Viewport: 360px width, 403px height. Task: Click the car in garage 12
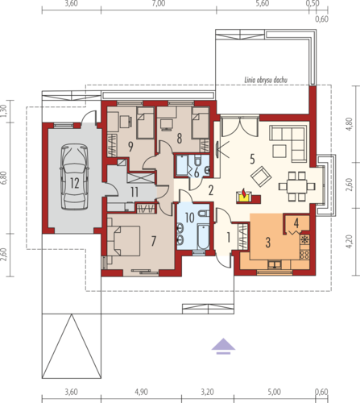(x=74, y=177)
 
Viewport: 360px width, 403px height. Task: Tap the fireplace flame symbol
(x=243, y=193)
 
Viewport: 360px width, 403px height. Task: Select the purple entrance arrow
(x=223, y=347)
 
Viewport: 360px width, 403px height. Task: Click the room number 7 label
(x=153, y=241)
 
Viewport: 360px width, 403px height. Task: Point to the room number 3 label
(x=267, y=242)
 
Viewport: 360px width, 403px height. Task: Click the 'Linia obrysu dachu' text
(x=266, y=80)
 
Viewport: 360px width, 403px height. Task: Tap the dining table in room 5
(x=296, y=186)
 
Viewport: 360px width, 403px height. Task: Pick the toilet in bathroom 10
(x=204, y=214)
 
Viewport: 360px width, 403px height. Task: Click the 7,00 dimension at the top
(x=159, y=3)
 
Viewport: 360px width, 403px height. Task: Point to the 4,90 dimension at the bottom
(x=141, y=392)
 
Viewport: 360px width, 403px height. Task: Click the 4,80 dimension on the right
(x=350, y=124)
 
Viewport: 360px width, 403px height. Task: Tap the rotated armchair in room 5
(x=261, y=177)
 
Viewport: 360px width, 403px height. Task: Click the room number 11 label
(x=134, y=192)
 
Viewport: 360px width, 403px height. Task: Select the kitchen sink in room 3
(x=275, y=264)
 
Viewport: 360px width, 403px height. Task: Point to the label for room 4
(x=296, y=222)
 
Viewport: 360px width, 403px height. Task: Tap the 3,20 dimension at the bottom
(x=208, y=392)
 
